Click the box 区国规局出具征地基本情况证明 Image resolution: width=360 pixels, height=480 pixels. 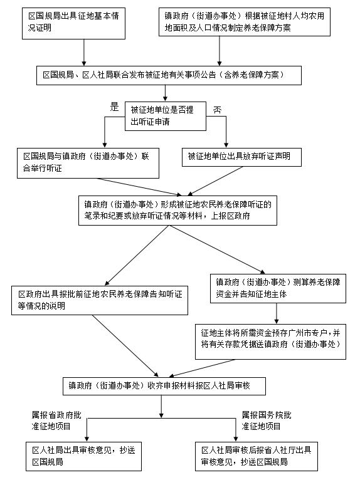click(73, 24)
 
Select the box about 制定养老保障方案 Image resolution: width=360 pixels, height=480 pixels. click(245, 22)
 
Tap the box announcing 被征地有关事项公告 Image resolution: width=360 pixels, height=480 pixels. click(169, 75)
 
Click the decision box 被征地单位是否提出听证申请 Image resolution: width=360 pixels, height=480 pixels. click(166, 116)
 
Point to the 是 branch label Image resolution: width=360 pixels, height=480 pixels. click(114, 107)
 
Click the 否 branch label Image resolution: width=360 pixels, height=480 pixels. click(217, 110)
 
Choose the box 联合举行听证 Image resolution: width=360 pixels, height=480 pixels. click(88, 163)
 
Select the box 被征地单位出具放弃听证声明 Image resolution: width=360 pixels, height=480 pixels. click(241, 157)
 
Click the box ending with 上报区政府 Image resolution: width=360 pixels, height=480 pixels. click(177, 211)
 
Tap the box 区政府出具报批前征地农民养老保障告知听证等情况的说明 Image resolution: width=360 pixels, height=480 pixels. click(100, 300)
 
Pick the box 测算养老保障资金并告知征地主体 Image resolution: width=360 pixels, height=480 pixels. click(278, 289)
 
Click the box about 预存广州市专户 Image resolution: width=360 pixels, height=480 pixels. click(270, 342)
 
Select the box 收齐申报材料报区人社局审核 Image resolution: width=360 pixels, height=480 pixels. click(164, 386)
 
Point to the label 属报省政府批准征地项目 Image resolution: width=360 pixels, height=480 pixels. click(56, 420)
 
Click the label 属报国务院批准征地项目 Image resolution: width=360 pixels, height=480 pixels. click(267, 420)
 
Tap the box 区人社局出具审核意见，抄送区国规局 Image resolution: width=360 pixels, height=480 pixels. click(83, 456)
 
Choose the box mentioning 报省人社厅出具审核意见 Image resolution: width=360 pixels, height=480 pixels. click(257, 456)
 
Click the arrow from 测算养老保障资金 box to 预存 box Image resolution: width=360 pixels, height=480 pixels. click(277, 313)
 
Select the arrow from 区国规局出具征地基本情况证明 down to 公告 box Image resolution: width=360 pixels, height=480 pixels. click(84, 53)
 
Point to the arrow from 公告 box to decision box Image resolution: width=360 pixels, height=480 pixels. click(165, 93)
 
